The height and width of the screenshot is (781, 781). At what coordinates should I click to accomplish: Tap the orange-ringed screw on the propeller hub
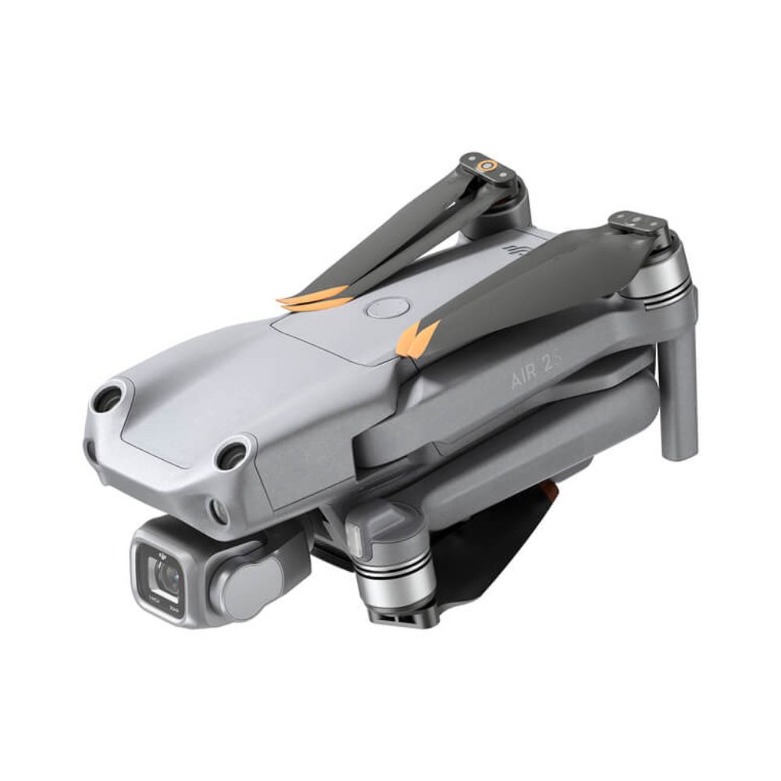coord(488,165)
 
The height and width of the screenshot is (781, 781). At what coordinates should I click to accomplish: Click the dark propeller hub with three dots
coord(637,223)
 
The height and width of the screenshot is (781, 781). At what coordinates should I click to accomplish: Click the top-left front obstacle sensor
coord(107,399)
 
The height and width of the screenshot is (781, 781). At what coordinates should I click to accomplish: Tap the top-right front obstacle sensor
coord(231,455)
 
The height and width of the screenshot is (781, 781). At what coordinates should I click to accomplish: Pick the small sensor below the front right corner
coord(219,512)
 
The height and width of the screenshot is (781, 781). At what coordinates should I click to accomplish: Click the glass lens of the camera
coord(166,576)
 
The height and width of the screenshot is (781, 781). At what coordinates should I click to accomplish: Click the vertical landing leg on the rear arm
coord(677,398)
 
